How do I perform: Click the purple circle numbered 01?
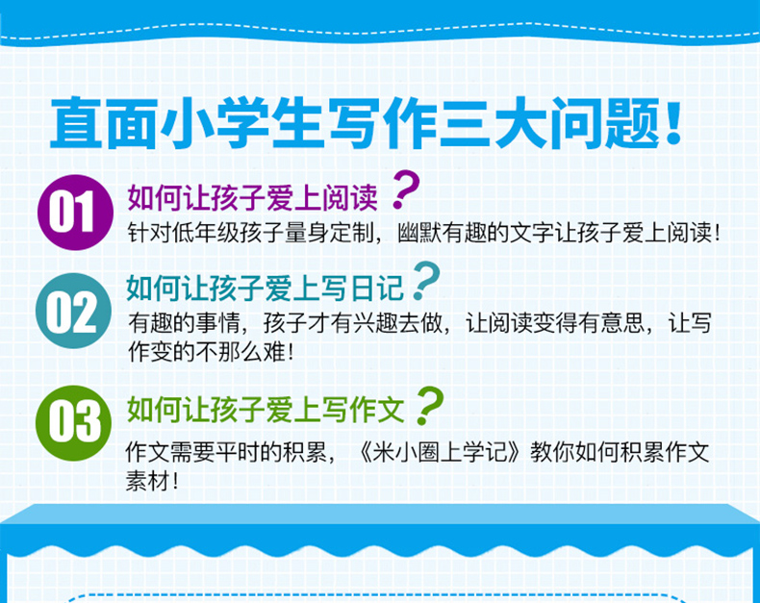[75, 213]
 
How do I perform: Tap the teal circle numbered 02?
[74, 311]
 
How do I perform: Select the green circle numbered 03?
[74, 423]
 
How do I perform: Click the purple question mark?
[406, 189]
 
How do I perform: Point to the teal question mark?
[426, 281]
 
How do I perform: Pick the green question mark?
[429, 406]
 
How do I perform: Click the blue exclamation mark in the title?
[673, 123]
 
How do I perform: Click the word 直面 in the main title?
[104, 123]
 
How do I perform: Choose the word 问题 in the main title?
[605, 123]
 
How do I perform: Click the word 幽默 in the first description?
[419, 233]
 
